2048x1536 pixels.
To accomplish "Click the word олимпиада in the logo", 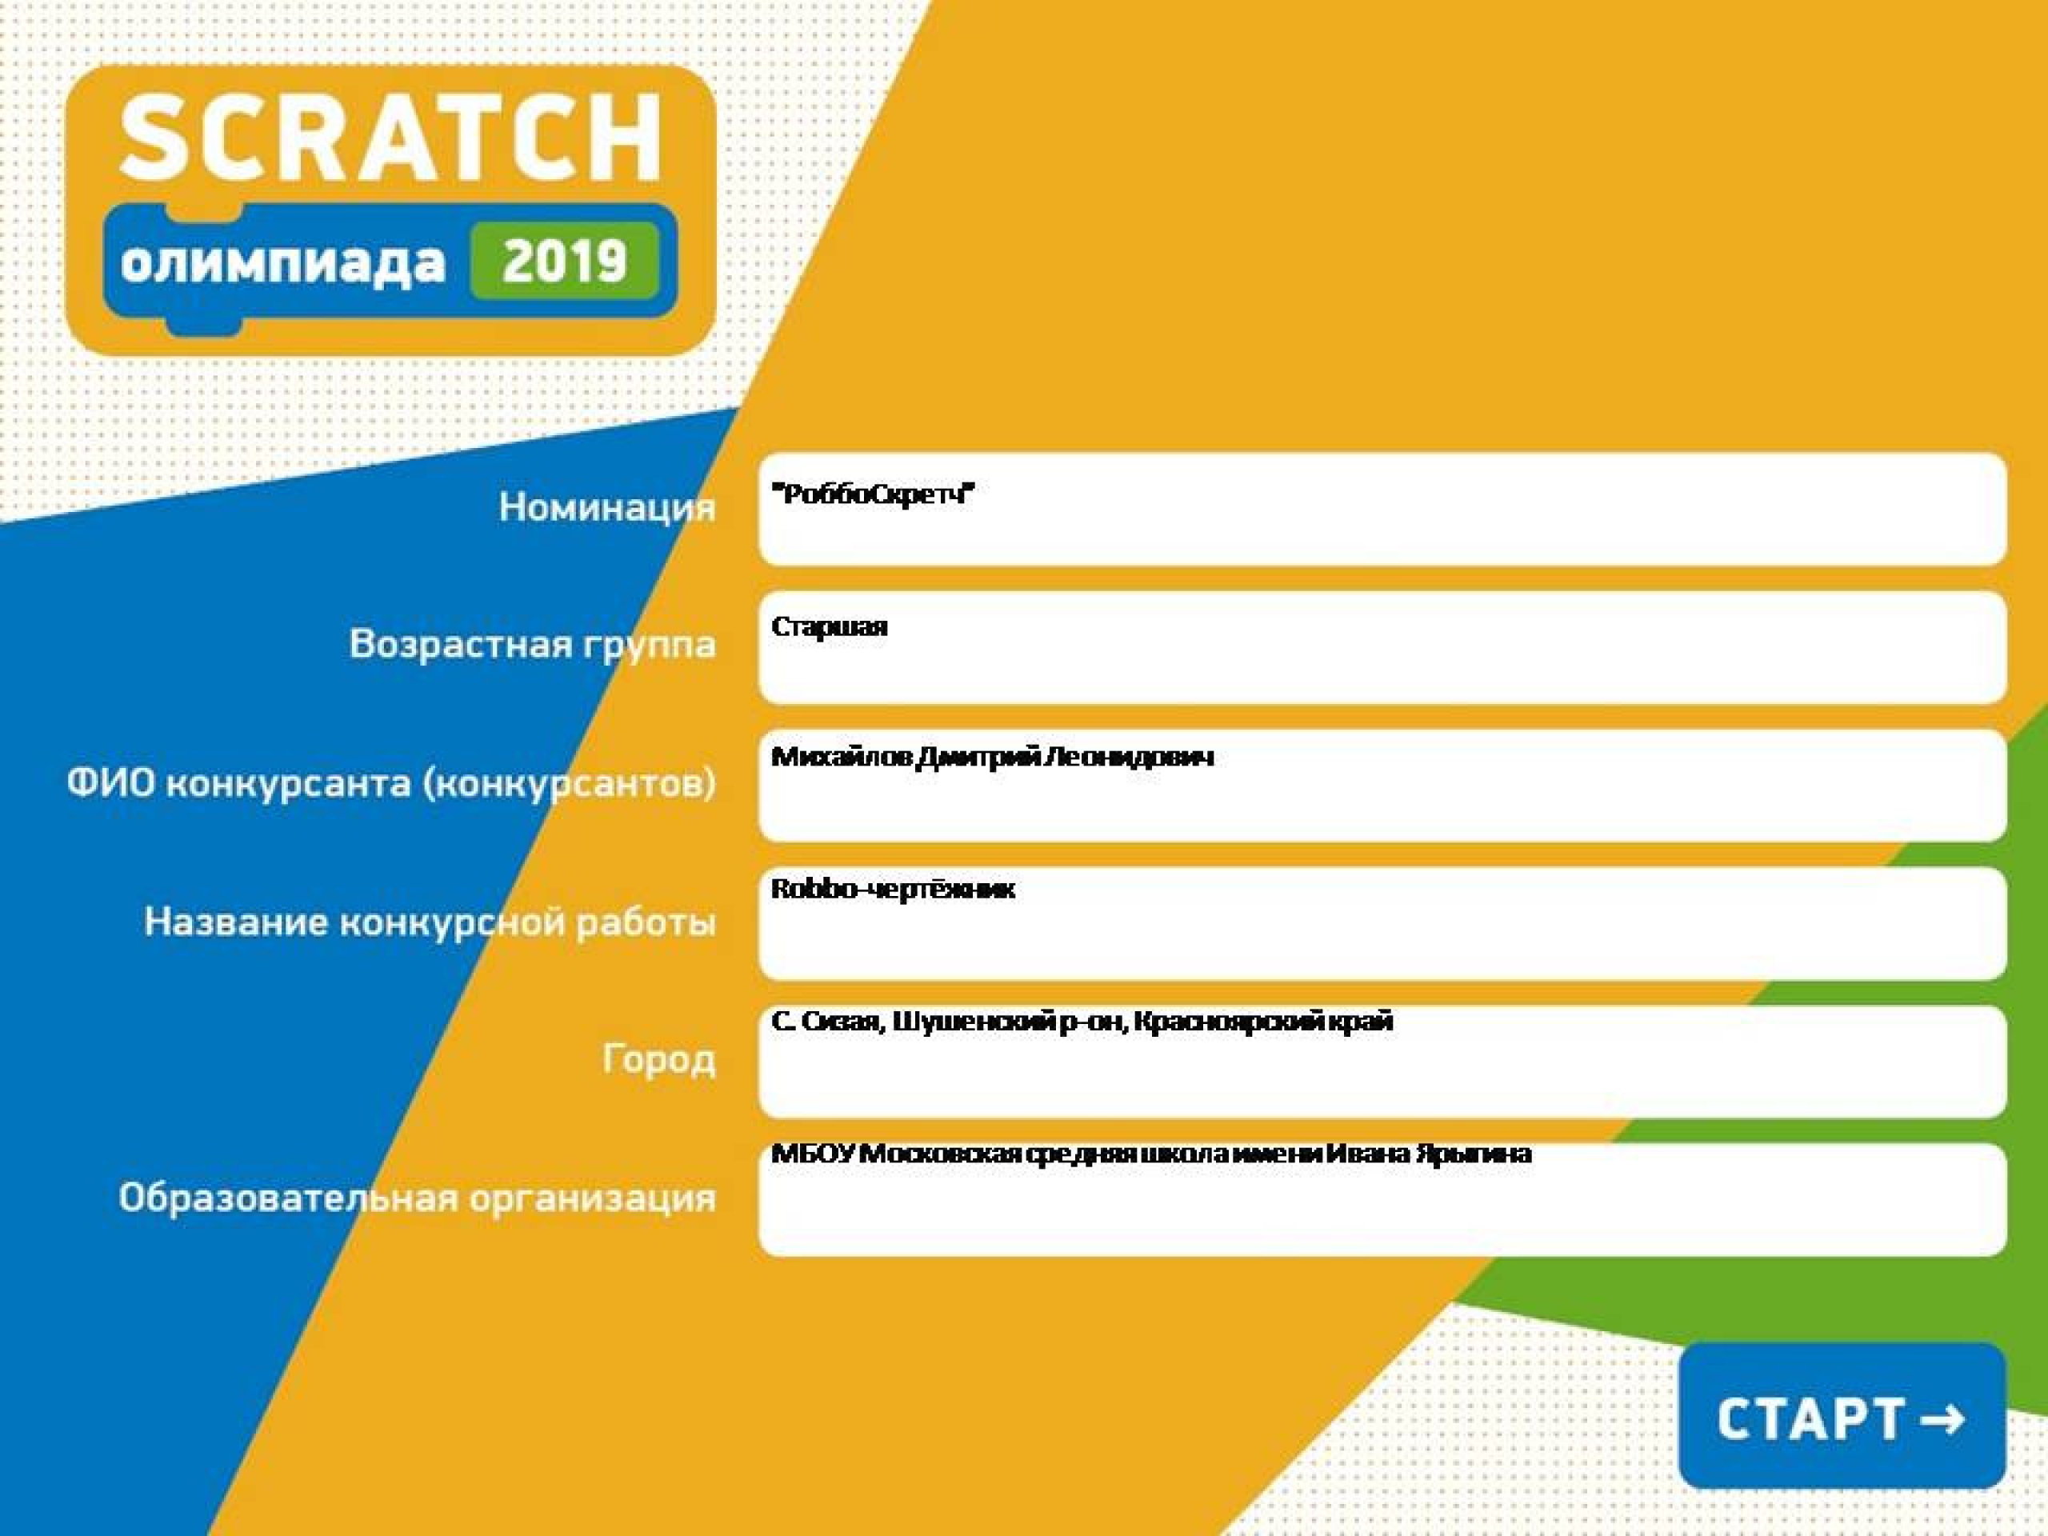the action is pyautogui.click(x=282, y=263).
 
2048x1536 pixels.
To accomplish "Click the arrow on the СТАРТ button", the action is pyautogui.click(x=1943, y=1418).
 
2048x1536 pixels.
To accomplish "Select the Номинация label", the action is pyautogui.click(x=607, y=507).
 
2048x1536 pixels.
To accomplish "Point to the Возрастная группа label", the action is pyautogui.click(x=532, y=644).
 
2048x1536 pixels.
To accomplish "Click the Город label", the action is pyautogui.click(x=659, y=1058).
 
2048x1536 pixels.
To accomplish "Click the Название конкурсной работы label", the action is pyautogui.click(x=430, y=922).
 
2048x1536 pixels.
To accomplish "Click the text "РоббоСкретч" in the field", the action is pyautogui.click(x=873, y=494).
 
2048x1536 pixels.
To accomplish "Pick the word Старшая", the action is pyautogui.click(x=830, y=627).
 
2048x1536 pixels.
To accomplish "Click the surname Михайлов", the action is pyautogui.click(x=842, y=758).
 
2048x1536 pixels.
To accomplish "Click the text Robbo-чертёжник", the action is pyautogui.click(x=894, y=890).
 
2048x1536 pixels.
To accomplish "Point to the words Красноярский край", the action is pyautogui.click(x=1263, y=1022).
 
